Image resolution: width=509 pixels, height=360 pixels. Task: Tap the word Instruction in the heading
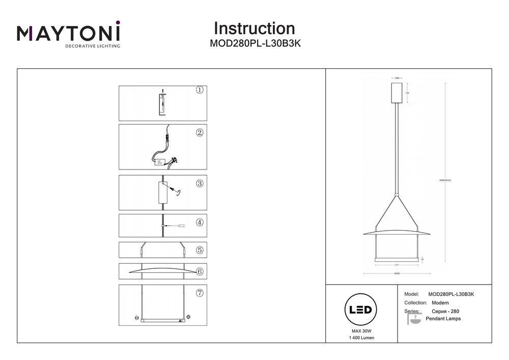click(x=254, y=28)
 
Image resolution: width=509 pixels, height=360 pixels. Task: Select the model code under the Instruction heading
click(x=255, y=44)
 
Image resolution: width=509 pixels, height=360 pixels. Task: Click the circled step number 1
click(x=200, y=90)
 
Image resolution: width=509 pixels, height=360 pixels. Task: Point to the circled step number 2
click(x=200, y=132)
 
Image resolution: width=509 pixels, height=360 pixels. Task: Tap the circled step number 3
click(x=200, y=183)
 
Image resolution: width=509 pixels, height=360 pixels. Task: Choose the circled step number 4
click(x=200, y=222)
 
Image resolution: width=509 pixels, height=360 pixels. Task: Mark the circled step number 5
click(x=200, y=250)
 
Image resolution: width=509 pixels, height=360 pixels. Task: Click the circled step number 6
click(x=200, y=271)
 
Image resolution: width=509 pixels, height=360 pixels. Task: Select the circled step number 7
click(x=200, y=293)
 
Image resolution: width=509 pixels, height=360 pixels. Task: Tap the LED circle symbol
click(x=360, y=310)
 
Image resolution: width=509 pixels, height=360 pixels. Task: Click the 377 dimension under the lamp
click(x=395, y=265)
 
